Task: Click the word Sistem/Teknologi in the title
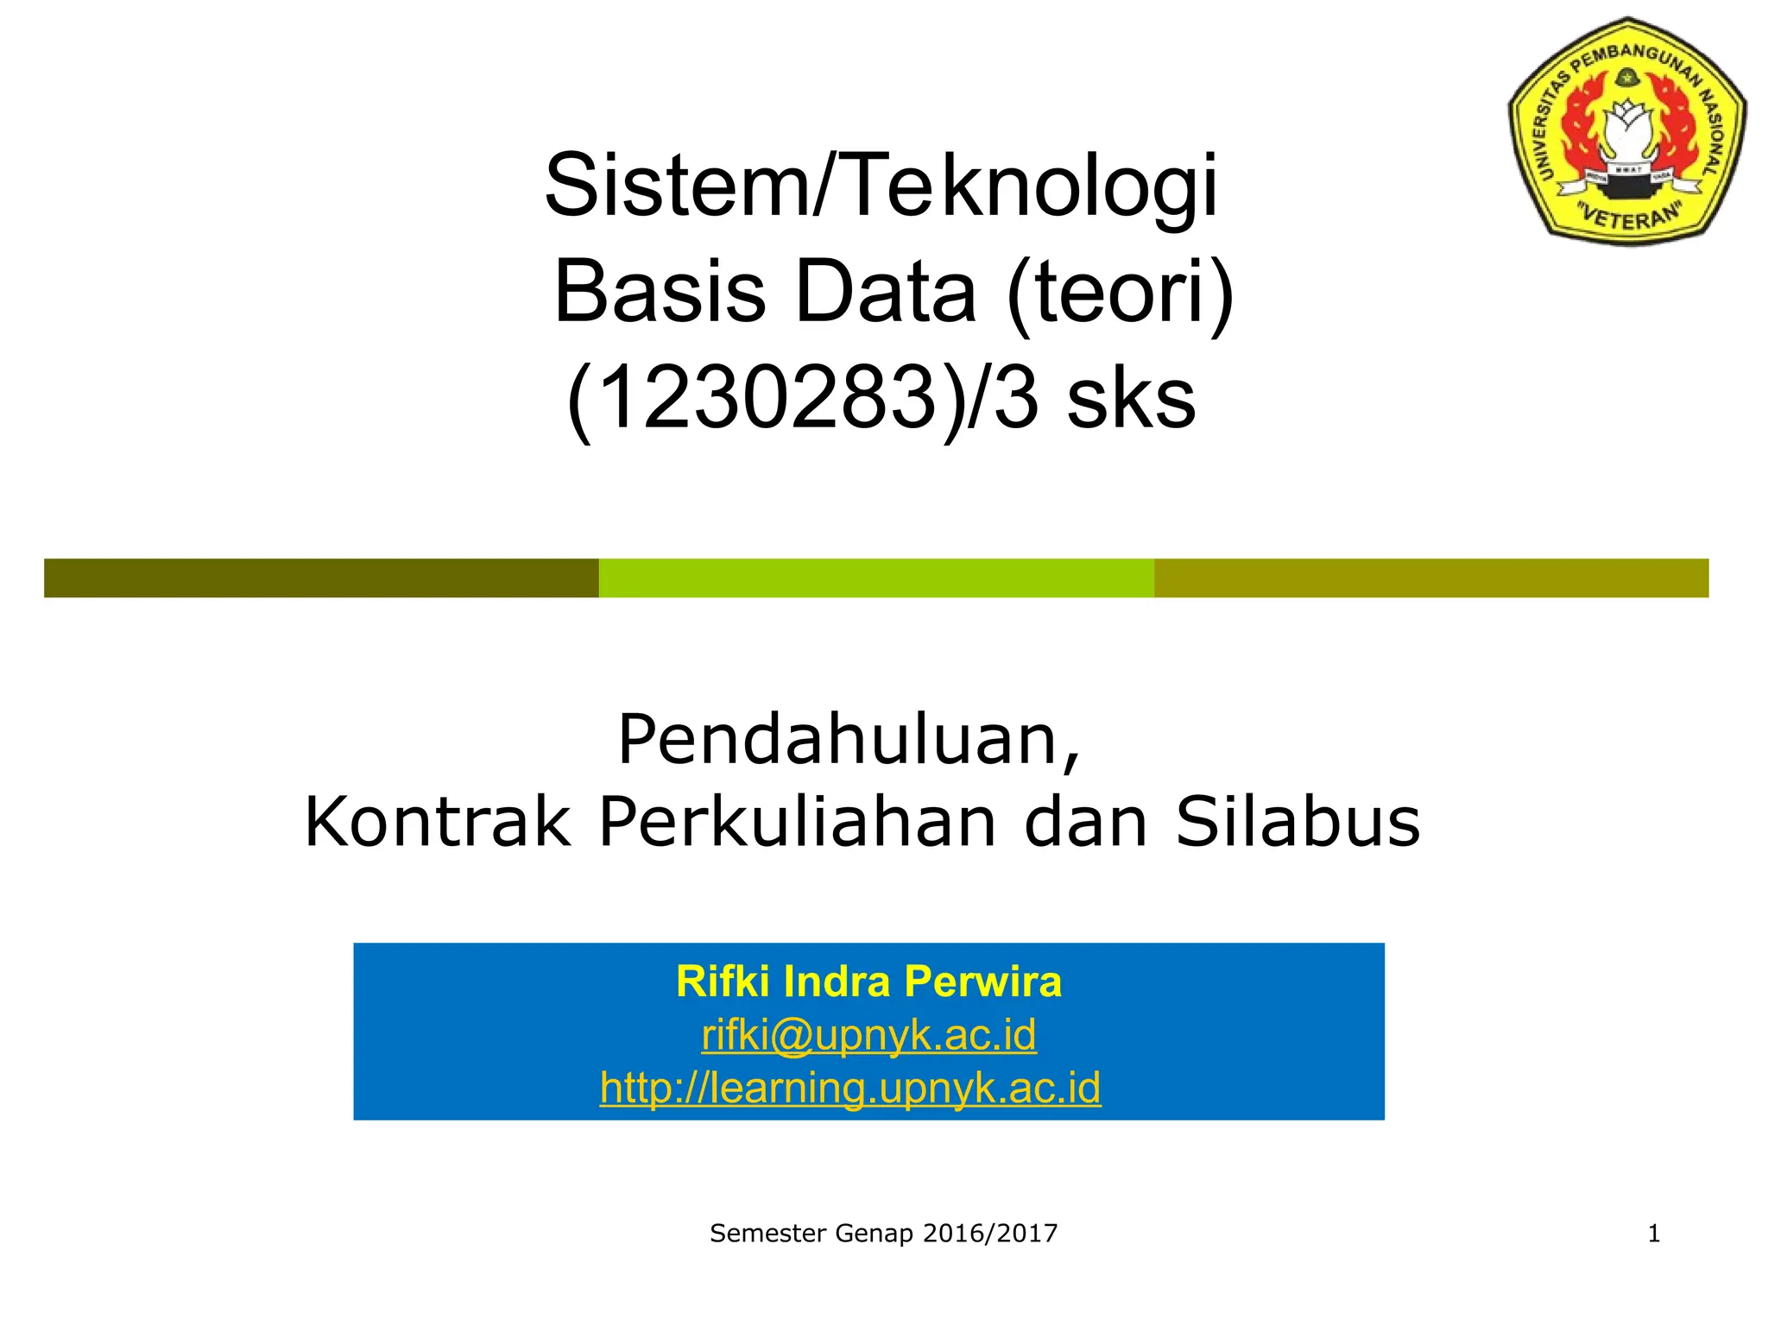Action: coord(881,186)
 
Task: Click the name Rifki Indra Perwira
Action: coord(868,982)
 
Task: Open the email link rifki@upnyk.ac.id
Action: coord(868,1034)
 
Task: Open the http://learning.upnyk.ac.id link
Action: coord(850,1087)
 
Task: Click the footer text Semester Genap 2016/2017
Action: coord(883,1234)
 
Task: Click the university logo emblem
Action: coord(1626,129)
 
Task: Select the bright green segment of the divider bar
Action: coord(876,578)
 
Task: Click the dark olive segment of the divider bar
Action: coord(321,578)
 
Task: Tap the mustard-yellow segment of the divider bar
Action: coord(1431,578)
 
